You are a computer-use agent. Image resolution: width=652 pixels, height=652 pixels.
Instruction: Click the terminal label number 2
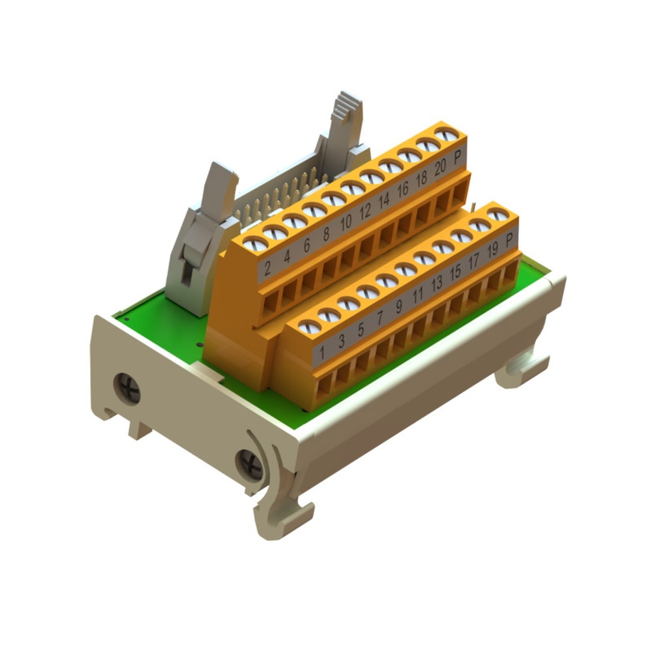coord(267,266)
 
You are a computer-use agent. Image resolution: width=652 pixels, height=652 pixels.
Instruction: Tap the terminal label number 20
coord(440,166)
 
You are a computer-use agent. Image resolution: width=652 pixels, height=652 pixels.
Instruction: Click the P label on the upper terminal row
coord(458,156)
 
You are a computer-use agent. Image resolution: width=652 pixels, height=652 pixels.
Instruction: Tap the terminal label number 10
coord(346,221)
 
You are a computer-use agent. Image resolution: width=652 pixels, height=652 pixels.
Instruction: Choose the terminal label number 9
coord(398,304)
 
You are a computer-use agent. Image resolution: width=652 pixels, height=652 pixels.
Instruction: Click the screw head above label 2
coord(255,244)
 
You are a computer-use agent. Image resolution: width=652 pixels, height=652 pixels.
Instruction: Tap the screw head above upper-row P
coord(446,135)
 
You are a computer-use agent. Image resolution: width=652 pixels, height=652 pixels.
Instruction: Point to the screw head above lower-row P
coord(497,215)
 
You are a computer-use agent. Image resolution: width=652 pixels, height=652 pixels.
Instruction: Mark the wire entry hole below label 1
coord(323,389)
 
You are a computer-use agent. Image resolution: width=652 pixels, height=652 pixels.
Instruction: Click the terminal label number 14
coord(384,199)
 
